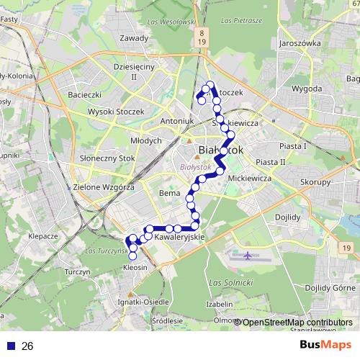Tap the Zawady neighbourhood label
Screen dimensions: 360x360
pos(135,38)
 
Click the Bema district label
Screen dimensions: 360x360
pos(168,194)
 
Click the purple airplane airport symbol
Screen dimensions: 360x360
pos(248,256)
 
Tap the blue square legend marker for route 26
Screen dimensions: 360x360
pos(10,346)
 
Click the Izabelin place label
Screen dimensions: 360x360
pos(220,303)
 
